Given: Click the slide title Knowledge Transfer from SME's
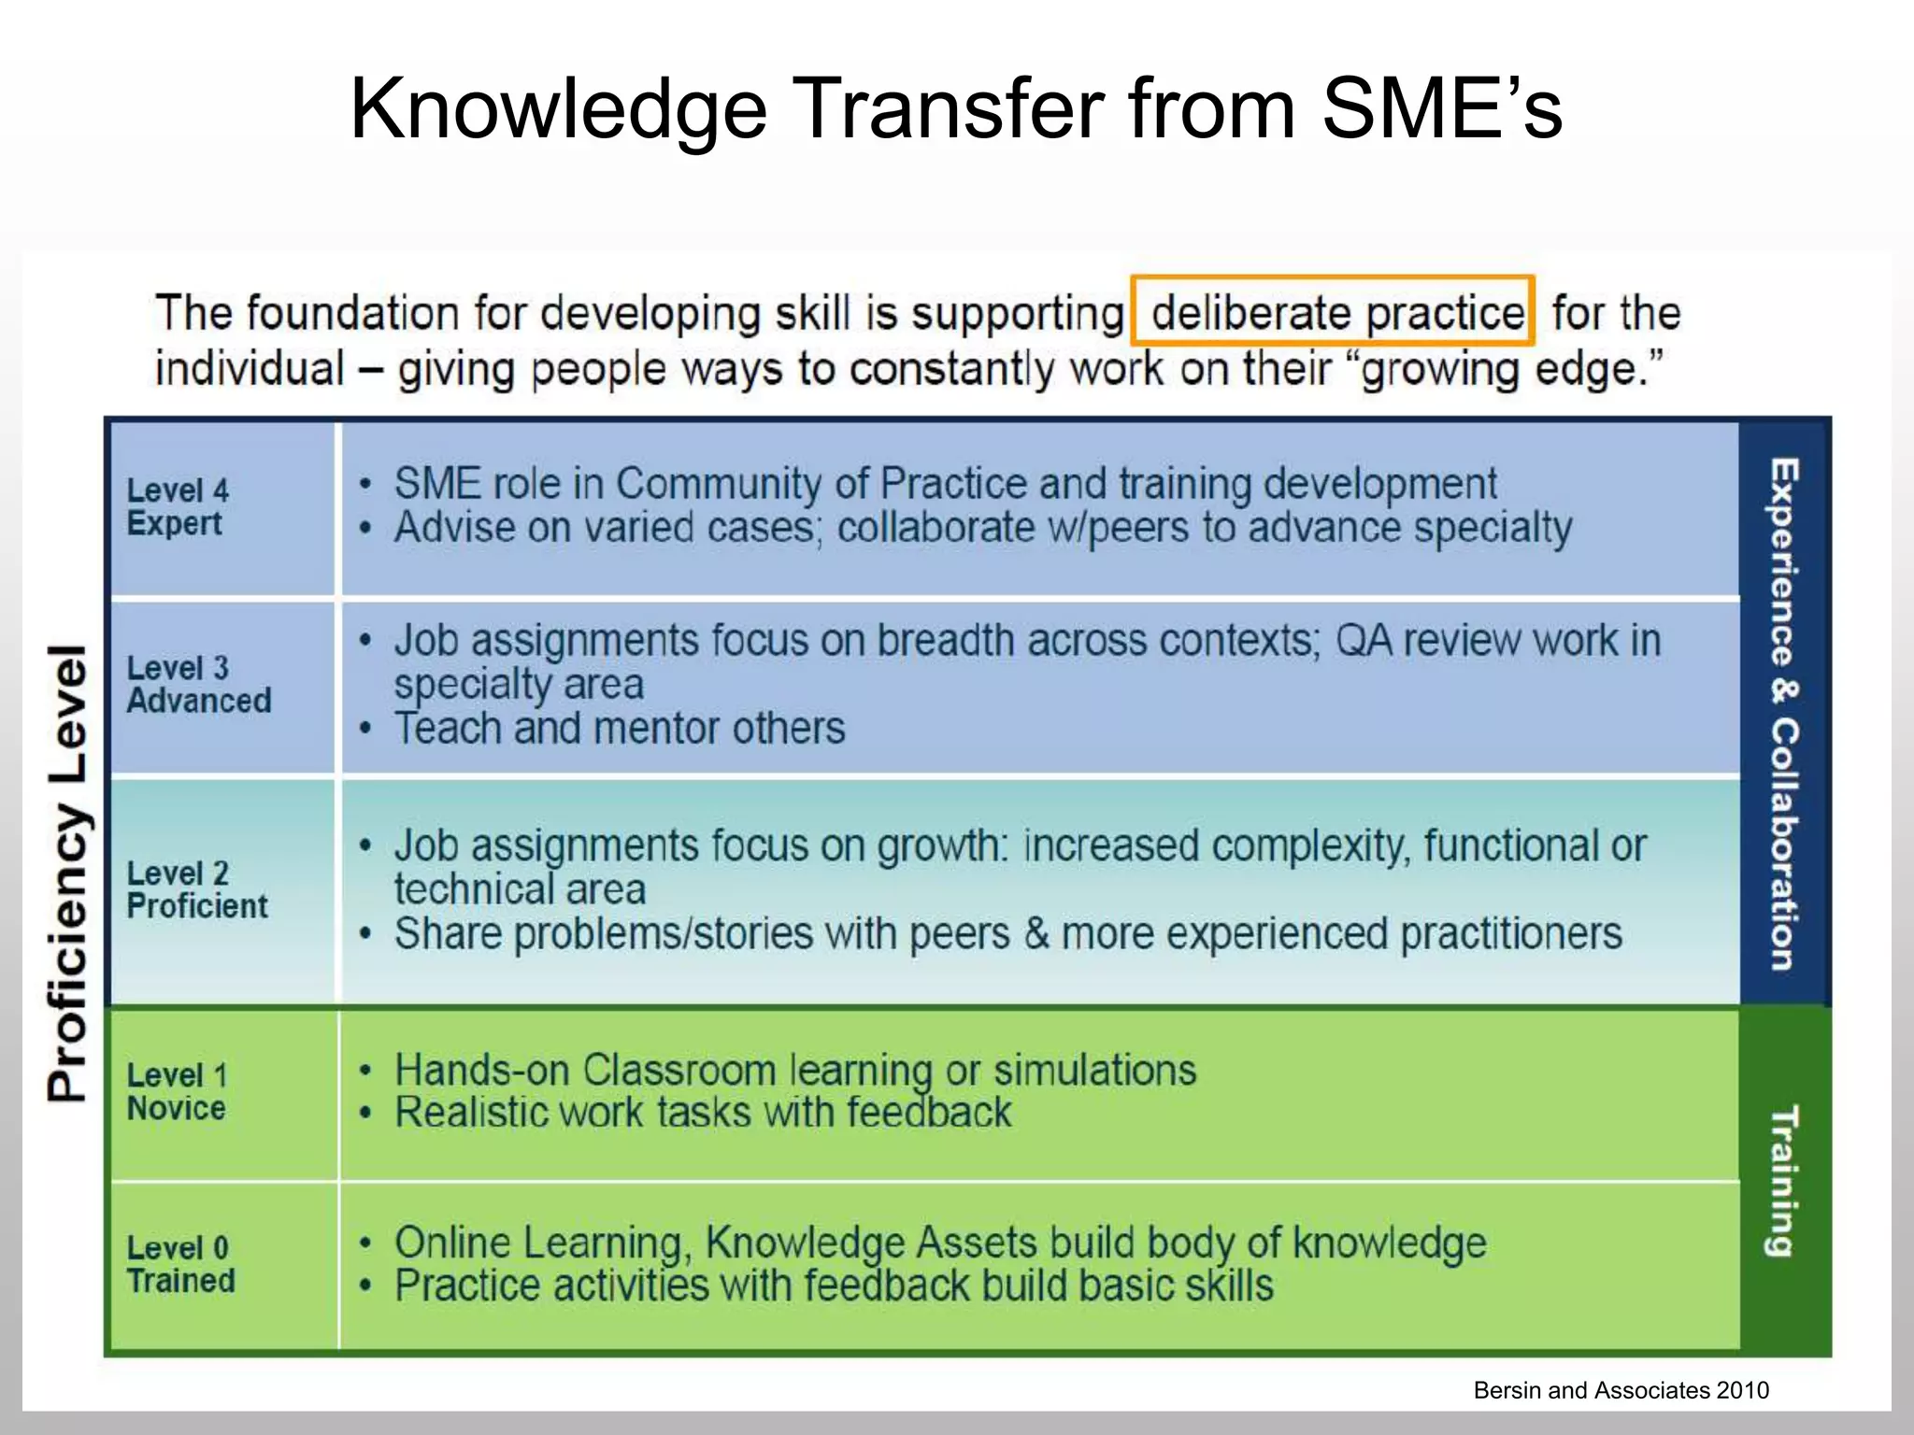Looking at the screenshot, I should click(955, 109).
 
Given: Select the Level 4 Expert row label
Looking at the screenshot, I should click(177, 507).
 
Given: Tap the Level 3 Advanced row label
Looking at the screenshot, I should click(198, 685).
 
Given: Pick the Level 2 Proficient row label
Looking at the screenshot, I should click(196, 889).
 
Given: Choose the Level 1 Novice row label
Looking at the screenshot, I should click(177, 1091).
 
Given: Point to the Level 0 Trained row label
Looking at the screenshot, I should click(180, 1264).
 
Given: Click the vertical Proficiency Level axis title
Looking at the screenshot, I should click(68, 873).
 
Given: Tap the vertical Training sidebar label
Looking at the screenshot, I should click(1783, 1181).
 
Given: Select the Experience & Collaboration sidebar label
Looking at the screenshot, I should click(1783, 714).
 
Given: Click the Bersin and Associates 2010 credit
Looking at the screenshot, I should click(1621, 1390).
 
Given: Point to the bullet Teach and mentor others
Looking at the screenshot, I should click(619, 729).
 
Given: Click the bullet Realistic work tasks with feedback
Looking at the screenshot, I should click(703, 1113).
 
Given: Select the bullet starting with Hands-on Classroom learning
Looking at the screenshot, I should click(794, 1070).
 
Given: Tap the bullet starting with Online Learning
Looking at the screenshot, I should click(939, 1243).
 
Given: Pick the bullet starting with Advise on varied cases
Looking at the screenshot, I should click(982, 528).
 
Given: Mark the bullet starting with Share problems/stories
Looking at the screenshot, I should click(1007, 934).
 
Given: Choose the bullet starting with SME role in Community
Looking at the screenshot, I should click(945, 484).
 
